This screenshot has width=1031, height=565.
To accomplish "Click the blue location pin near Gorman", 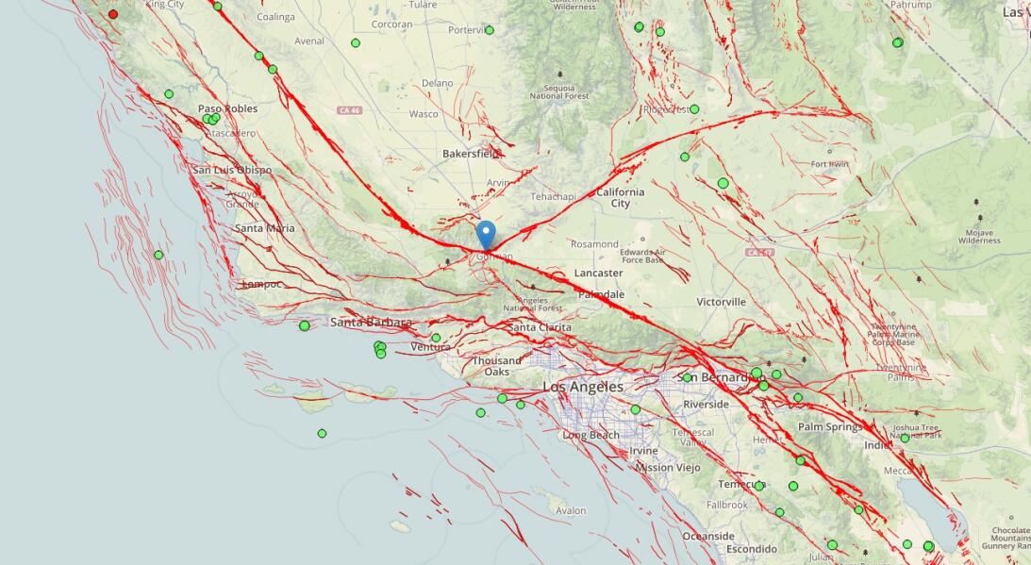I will [x=486, y=233].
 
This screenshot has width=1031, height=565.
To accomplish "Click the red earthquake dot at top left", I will [x=113, y=14].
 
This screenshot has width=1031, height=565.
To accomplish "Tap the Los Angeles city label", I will [x=582, y=387].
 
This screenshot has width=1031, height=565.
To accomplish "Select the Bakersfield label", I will [x=471, y=153].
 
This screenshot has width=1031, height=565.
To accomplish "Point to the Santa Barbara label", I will [x=371, y=323].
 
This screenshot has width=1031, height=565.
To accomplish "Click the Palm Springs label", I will [x=830, y=426].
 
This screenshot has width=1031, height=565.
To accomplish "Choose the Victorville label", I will [x=721, y=302].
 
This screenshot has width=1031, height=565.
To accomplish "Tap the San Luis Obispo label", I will [x=232, y=170].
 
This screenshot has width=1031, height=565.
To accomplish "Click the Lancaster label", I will [x=598, y=273].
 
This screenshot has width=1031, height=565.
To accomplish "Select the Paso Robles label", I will [x=227, y=108].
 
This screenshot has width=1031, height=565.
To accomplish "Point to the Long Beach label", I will [x=590, y=435].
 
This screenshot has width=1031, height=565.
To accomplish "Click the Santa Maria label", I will [x=264, y=228].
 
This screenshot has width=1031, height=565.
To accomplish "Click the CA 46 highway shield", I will [x=350, y=110].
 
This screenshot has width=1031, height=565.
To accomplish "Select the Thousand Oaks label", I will [x=497, y=366].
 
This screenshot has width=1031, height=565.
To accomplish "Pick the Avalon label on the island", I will [x=571, y=510].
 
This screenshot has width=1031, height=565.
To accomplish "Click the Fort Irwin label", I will [x=830, y=164].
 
